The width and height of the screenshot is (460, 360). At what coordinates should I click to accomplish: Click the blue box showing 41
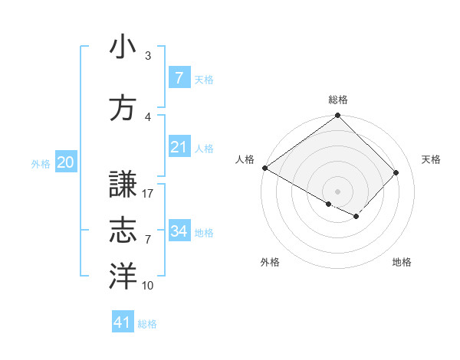pos(123,322)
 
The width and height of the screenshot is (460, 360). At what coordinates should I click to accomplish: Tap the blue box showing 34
pos(179,231)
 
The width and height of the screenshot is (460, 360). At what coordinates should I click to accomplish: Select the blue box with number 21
pos(179,147)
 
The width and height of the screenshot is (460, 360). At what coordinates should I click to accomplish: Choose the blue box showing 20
pos(65,162)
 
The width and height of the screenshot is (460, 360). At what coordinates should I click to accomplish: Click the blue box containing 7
pos(179,78)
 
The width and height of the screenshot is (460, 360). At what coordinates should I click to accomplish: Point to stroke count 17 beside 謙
pos(149,194)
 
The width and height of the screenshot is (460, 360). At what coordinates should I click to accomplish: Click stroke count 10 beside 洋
pos(148,286)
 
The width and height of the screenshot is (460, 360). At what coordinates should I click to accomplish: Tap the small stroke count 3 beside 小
pos(148,56)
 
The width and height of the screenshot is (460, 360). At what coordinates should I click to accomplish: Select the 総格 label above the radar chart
pos(337,100)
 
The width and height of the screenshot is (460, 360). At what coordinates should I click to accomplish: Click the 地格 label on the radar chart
pos(402,263)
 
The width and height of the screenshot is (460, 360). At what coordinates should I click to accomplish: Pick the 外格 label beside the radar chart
pos(270,263)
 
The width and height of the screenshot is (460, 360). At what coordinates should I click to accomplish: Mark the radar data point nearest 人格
pos(264,168)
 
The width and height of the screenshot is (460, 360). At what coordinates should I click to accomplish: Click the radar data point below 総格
pos(337,116)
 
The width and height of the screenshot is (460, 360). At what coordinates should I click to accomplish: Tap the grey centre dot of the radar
pos(337,190)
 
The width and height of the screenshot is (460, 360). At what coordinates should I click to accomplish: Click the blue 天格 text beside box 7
pos(204,79)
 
